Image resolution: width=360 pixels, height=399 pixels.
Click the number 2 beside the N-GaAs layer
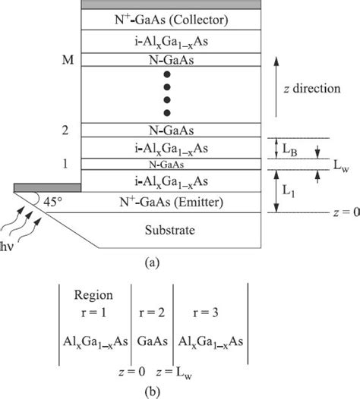(66, 130)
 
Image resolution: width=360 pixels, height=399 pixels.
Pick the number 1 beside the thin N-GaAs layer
(66, 163)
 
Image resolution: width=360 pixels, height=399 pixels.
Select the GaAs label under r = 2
(155, 341)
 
